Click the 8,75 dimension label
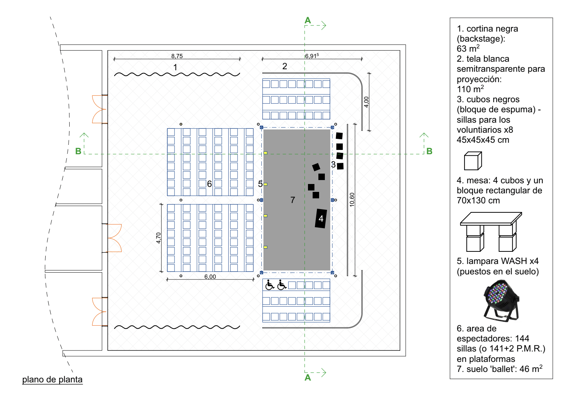pos(177,56)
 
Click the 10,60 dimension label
pos(352,200)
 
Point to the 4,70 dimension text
pos(158,238)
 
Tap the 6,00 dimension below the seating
pos(210,277)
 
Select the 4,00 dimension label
pos(366,102)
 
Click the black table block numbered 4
pos(321,218)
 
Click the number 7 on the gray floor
pos(293,200)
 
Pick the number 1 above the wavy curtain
pos(175,67)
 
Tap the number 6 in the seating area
pos(209,184)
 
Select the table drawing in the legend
pos(491,232)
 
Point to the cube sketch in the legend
pos(473,161)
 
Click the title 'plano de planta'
pos(52,379)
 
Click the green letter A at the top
pos(308,20)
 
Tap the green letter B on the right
pos(429,151)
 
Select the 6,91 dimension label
pos(312,56)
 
